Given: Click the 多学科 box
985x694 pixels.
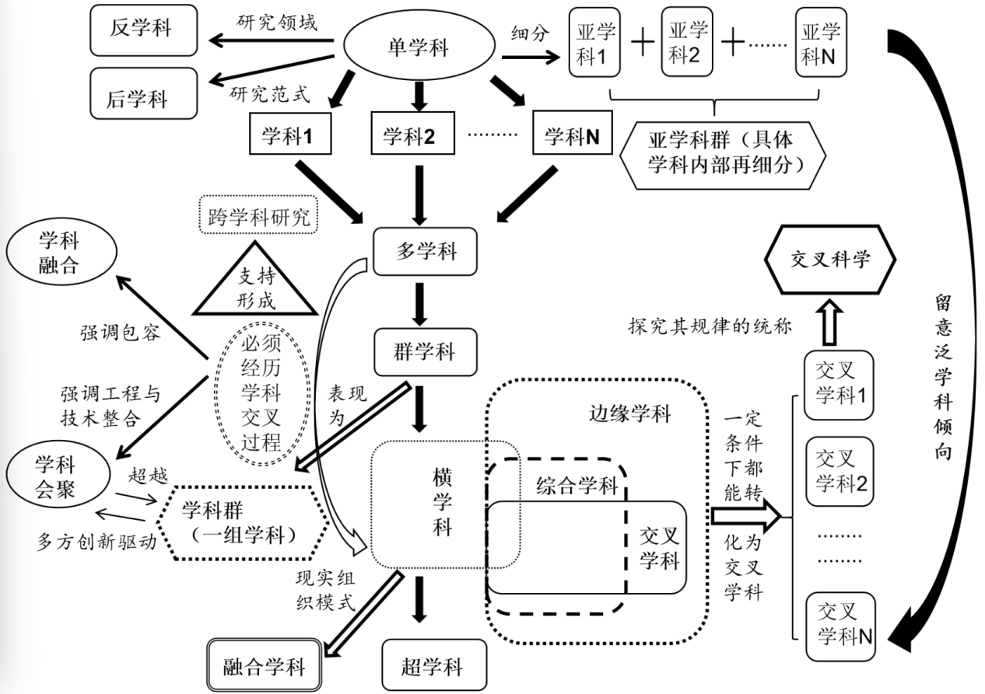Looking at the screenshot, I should pyautogui.click(x=425, y=252).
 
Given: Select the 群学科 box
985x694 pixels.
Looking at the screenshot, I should pyautogui.click(x=425, y=352).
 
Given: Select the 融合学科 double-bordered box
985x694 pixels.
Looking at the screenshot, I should pyautogui.click(x=265, y=665).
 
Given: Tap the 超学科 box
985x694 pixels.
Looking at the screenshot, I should pyautogui.click(x=432, y=667).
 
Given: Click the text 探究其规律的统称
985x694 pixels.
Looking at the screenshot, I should pyautogui.click(x=709, y=326).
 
